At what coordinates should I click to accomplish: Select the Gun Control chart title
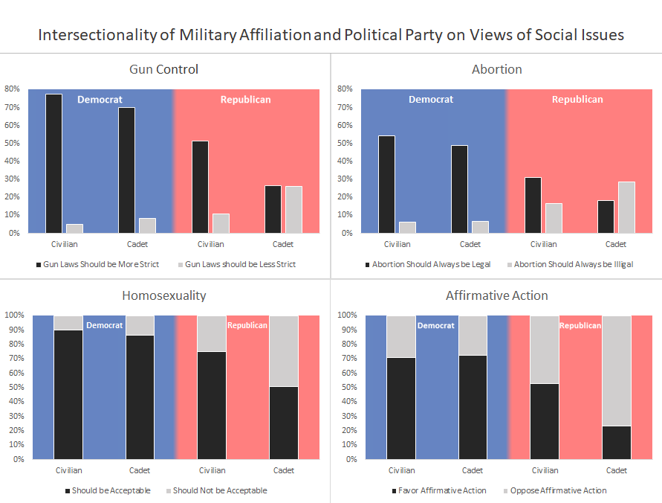164,69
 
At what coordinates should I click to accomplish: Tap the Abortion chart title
496,69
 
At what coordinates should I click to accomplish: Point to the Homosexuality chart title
164,295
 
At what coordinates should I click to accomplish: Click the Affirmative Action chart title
496,295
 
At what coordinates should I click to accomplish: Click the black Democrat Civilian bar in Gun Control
53,164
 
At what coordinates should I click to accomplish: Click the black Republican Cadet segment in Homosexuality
283,423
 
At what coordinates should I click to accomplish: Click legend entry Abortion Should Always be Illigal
573,264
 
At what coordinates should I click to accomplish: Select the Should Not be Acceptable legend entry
219,490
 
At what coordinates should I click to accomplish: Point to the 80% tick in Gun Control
13,89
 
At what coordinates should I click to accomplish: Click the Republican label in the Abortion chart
577,100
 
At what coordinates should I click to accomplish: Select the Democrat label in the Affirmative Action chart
435,325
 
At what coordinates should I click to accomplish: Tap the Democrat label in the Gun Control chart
100,100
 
